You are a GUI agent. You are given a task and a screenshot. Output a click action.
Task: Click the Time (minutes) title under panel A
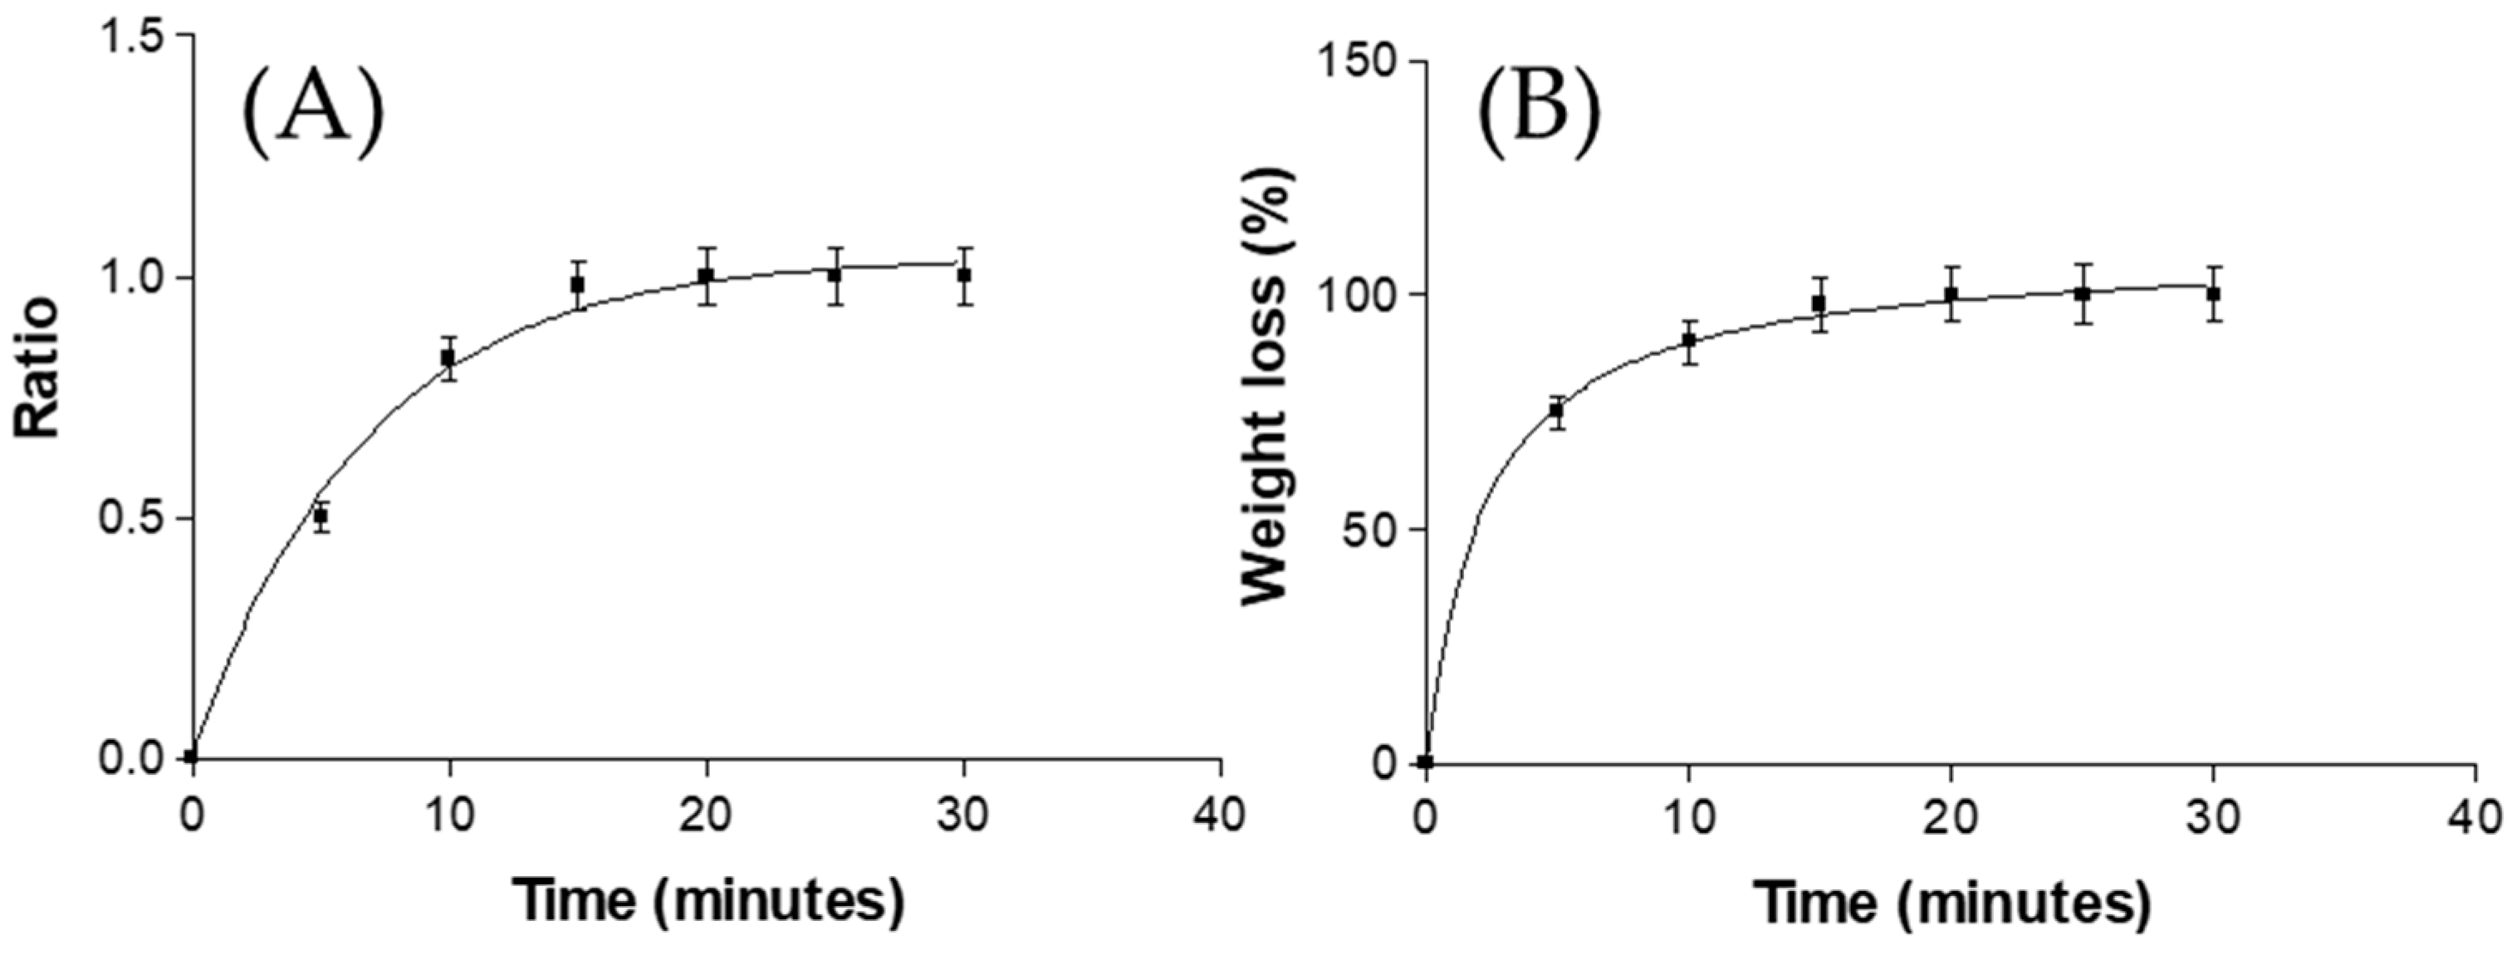point(708,900)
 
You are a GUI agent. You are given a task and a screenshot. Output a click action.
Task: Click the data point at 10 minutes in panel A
point(448,358)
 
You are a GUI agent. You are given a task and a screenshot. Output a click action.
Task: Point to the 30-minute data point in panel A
point(964,275)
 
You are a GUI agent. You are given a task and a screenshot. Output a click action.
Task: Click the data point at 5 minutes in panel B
point(1556,412)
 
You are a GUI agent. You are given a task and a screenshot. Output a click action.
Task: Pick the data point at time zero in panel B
point(1426,762)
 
